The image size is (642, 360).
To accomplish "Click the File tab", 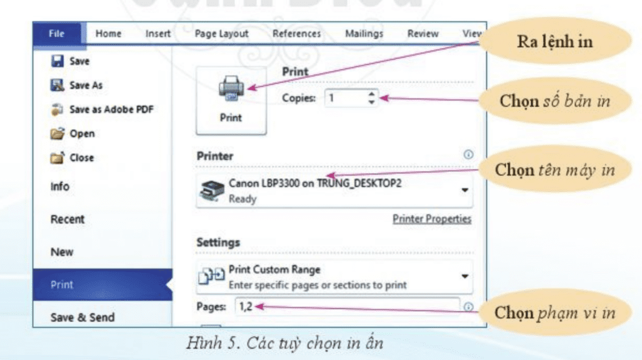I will coord(56,34).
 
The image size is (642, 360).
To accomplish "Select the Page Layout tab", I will coord(221,34).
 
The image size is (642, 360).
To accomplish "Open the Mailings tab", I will coord(364,34).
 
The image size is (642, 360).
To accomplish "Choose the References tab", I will coord(297,34).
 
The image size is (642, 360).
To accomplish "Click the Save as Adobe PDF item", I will coord(111,109).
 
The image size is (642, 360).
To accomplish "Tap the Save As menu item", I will coord(86,85).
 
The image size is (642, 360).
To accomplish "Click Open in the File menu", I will coord(82,134).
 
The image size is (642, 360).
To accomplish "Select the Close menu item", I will coord(82,158).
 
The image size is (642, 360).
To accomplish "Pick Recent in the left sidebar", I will coord(67,220).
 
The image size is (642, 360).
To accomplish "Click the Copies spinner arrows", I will coord(372,98).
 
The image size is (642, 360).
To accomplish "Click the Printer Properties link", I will coord(432,219).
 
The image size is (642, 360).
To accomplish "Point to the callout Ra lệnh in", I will coord(554,43).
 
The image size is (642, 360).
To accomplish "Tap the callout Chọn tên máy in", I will coord(554,170).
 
